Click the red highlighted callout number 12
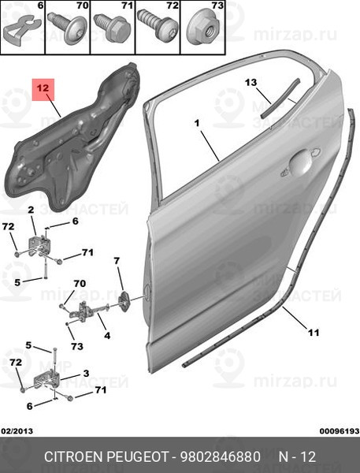tap(43, 89)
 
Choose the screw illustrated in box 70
tap(68, 28)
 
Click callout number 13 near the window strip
tap(251, 82)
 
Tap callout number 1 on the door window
tap(197, 124)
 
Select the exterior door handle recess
tap(301, 163)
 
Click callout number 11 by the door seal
tap(314, 333)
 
